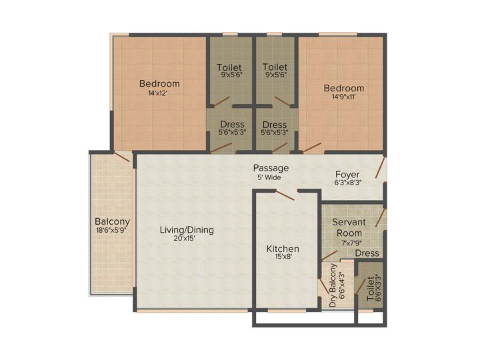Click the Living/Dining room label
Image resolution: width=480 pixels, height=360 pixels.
pos(187,230)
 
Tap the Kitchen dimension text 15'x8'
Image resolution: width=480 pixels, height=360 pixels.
pos(283,259)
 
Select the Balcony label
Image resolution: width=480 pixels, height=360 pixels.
pos(112,222)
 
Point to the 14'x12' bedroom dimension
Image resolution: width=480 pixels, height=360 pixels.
pos(159,93)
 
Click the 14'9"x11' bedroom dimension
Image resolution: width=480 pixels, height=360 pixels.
pos(343,97)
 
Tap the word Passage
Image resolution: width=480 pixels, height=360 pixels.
pos(271,168)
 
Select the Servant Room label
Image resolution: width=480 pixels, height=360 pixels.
pos(348,228)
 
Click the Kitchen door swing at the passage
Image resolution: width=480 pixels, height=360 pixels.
pos(286,195)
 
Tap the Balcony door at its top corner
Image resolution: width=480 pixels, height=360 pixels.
pos(121,156)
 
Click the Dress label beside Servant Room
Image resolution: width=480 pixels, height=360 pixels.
pos(367,253)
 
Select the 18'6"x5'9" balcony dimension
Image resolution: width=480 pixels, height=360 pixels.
pos(112,231)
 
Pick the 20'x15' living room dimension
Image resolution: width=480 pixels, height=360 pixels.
pos(187,239)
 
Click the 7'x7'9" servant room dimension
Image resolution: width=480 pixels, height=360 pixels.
pos(349,243)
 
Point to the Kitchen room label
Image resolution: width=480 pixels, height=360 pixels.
pos(283,249)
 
